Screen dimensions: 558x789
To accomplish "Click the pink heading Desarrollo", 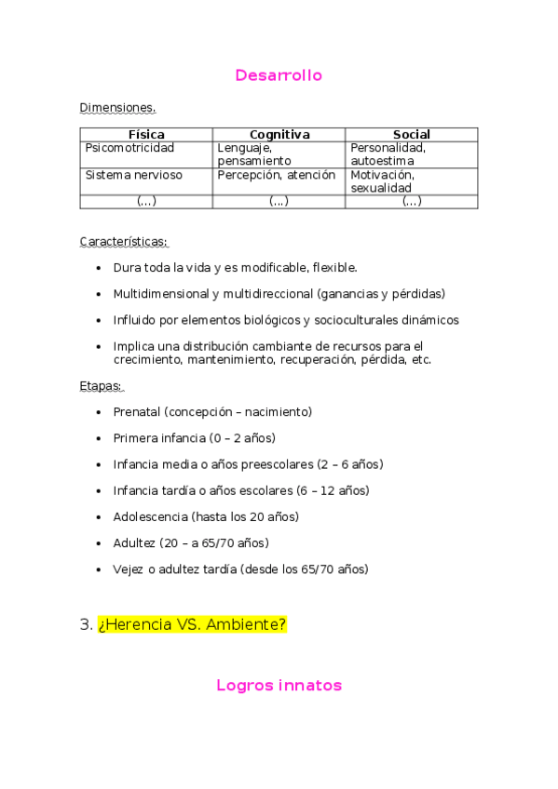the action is tap(279, 75).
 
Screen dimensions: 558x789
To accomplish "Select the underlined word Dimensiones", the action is tap(117, 108).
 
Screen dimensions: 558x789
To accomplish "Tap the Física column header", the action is tap(146, 135).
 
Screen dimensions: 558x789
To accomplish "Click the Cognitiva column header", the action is tap(279, 135).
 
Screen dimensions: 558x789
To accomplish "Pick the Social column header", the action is tap(411, 135).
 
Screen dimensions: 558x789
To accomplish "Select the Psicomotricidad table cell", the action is tap(129, 148).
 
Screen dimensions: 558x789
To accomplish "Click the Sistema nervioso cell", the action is tap(133, 175).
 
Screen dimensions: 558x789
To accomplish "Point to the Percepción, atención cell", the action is tap(276, 175).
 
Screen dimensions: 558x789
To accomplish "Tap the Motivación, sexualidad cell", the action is tap(382, 181).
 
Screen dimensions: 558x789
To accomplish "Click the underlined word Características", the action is tap(124, 242).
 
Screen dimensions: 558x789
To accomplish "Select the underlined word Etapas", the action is tap(102, 386).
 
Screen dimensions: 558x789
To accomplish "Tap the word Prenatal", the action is tap(137, 411).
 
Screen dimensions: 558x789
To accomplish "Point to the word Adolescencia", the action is tap(150, 516).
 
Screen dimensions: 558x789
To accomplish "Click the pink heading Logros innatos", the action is tap(279, 686).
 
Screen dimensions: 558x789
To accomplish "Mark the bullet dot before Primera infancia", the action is tap(100, 438).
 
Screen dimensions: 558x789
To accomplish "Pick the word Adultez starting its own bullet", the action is tap(134, 542).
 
